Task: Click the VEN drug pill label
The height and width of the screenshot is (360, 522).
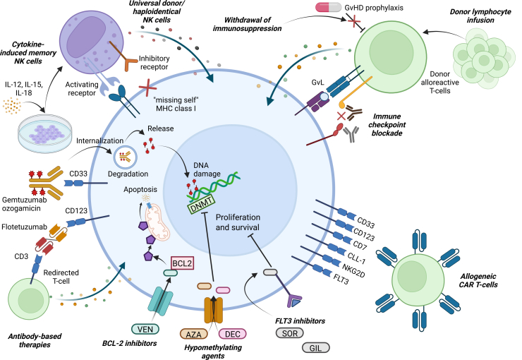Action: pos(145,330)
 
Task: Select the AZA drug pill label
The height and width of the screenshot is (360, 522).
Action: pos(193,334)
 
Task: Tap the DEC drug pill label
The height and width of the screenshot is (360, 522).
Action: pos(232,334)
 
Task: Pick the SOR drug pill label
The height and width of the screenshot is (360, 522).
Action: pos(290,332)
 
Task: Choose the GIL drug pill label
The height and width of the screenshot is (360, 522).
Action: pos(315,348)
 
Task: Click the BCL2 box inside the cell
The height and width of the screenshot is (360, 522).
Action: pos(182,263)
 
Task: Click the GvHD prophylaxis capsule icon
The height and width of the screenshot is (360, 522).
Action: pos(328,7)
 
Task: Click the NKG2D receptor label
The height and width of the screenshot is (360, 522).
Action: pos(354,270)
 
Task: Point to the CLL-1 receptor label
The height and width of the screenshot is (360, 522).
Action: pos(356,258)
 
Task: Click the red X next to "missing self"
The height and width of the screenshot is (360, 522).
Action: pos(147,88)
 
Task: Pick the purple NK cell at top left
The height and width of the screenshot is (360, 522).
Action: pos(91,42)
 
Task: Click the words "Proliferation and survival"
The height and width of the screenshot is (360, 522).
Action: pos(238,222)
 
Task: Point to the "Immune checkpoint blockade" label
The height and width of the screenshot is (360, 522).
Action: pos(387,125)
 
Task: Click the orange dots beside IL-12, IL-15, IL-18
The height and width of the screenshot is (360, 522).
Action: pos(12,106)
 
